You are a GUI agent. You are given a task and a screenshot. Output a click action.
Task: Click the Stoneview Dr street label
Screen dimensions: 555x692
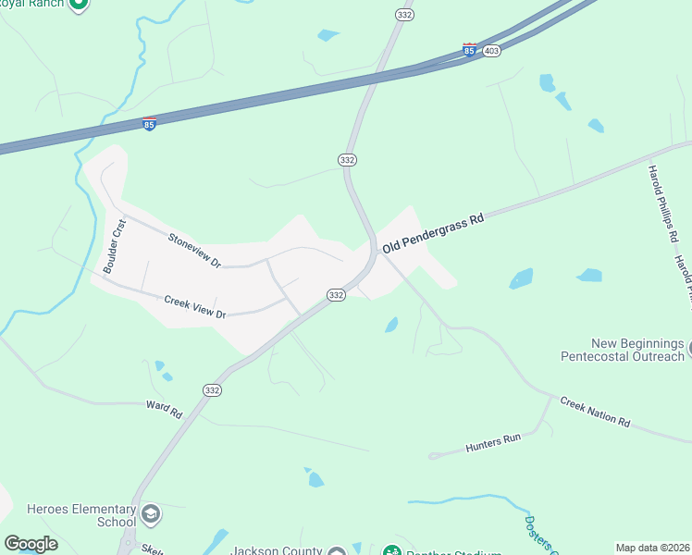pyautogui.click(x=194, y=250)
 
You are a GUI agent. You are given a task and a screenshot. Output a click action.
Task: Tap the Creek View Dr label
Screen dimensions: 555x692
pyautogui.click(x=195, y=307)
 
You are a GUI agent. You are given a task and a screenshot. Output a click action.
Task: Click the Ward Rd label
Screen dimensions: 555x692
pyautogui.click(x=165, y=410)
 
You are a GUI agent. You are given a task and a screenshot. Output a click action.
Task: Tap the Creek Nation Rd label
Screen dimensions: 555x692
pyautogui.click(x=595, y=412)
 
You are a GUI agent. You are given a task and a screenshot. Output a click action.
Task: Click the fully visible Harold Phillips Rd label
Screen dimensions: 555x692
pyautogui.click(x=662, y=203)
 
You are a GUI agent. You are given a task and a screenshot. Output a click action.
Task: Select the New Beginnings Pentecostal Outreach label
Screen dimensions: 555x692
pyautogui.click(x=625, y=349)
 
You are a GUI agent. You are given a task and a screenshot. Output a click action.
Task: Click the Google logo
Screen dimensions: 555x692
pyautogui.click(x=31, y=544)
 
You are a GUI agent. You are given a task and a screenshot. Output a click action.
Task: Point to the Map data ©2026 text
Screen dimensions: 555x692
pyautogui.click(x=652, y=548)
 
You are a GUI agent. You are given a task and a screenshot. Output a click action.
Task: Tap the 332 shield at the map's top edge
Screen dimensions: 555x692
pyautogui.click(x=403, y=15)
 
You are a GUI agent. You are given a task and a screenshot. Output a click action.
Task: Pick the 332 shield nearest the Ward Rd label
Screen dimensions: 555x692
pyautogui.click(x=212, y=391)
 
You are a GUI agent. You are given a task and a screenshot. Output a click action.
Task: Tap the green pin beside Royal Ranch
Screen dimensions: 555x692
pyautogui.click(x=79, y=4)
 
